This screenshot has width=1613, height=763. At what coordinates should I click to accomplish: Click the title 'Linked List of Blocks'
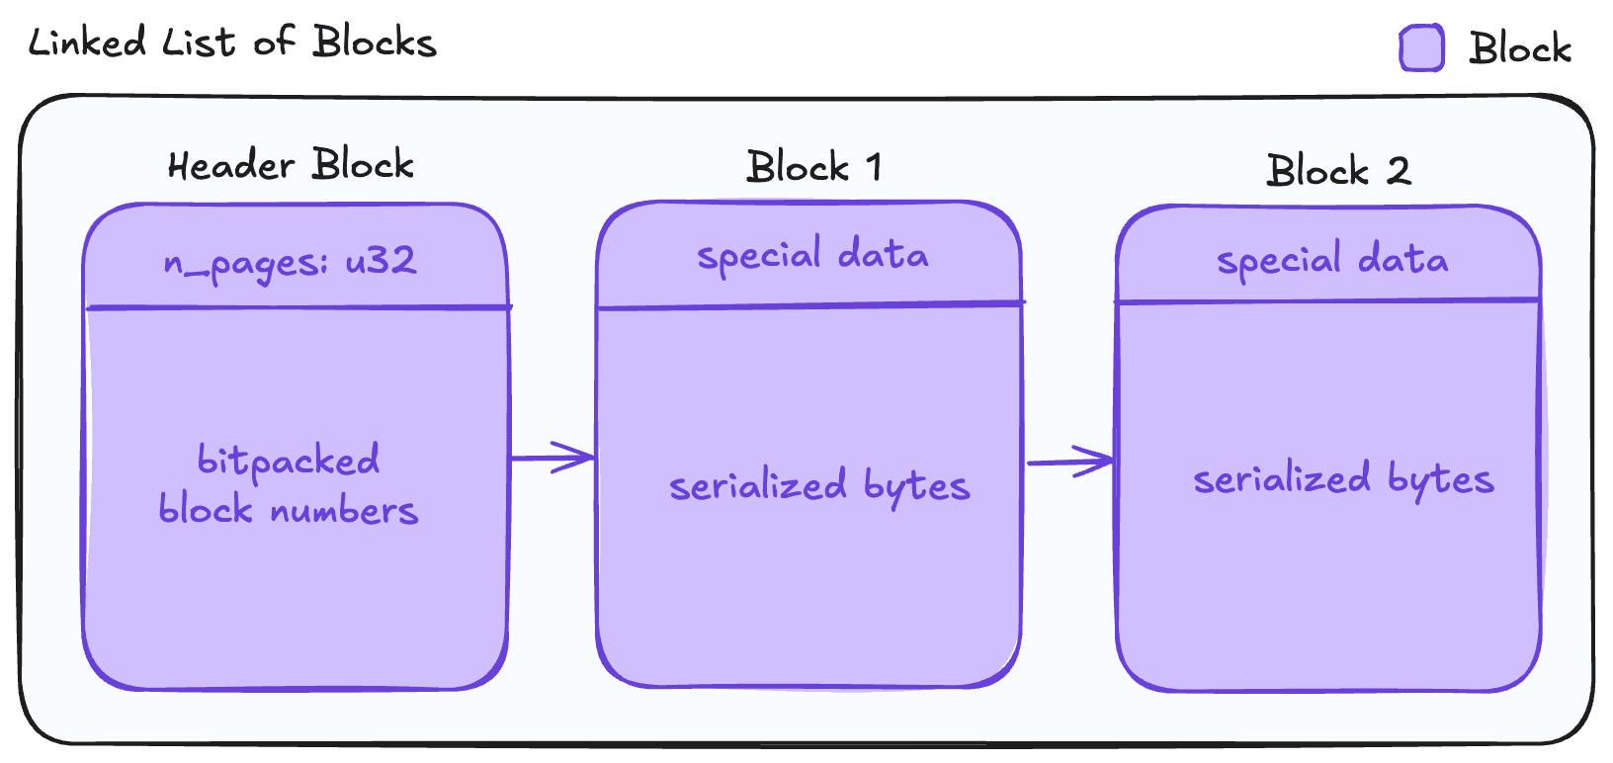(x=232, y=42)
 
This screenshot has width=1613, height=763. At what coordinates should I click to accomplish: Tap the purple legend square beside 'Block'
(x=1421, y=48)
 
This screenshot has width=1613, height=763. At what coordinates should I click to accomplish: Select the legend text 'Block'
(x=1519, y=48)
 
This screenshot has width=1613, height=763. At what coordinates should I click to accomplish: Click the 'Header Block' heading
(x=291, y=165)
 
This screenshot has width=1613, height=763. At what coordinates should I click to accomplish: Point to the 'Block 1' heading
(x=813, y=167)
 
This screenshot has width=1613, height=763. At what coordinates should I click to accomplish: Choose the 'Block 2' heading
(x=1338, y=171)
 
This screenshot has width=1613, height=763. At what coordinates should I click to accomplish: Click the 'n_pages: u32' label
(x=291, y=262)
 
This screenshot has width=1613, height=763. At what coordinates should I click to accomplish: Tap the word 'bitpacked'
(x=289, y=461)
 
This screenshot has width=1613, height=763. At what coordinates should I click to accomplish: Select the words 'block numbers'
(x=289, y=510)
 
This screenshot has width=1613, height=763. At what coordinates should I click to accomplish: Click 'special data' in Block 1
(x=812, y=256)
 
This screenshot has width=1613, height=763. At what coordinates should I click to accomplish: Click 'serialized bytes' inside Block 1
(x=819, y=485)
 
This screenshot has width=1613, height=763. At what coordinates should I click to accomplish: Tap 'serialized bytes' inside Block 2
(x=1343, y=479)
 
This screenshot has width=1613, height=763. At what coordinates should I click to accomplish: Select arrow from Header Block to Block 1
(x=552, y=458)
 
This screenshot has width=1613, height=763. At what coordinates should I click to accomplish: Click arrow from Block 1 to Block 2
(x=1070, y=462)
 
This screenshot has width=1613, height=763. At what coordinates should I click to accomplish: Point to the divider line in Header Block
(x=297, y=307)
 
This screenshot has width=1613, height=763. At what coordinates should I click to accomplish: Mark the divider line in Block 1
(x=810, y=305)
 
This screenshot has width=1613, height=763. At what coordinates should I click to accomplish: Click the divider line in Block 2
(x=1328, y=300)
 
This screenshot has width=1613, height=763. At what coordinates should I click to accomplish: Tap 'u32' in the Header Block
(x=381, y=261)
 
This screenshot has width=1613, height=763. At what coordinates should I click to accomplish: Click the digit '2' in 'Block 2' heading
(x=1398, y=171)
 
